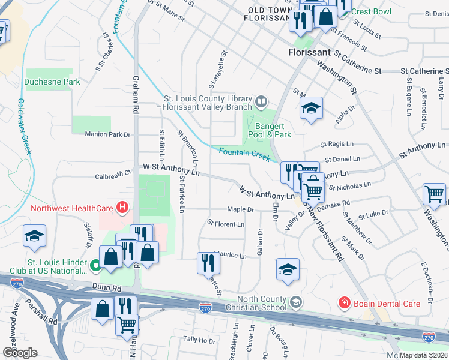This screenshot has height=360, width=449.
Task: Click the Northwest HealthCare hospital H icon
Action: [x=122, y=208]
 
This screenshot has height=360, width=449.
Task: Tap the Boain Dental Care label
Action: [x=387, y=304]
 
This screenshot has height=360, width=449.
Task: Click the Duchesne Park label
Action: [x=52, y=82]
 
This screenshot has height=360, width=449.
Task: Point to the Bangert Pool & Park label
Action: [x=273, y=130]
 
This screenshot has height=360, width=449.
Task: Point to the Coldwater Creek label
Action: [x=24, y=127]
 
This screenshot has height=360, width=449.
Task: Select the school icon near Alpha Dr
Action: [x=311, y=109]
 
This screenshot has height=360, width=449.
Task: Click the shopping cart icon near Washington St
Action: [x=434, y=194]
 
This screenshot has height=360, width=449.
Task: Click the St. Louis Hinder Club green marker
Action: [x=95, y=264]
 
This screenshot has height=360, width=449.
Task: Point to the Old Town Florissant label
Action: [x=268, y=14]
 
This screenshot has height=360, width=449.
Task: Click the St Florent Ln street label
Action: [x=226, y=224]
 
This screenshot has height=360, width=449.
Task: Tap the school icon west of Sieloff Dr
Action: [x=34, y=236]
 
